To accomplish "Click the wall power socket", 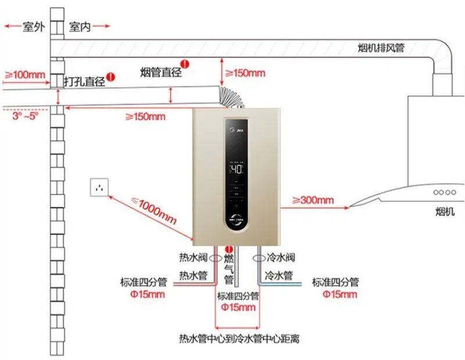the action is click(x=99, y=188).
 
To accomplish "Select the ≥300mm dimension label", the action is click(x=313, y=200).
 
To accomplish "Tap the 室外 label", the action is click(x=34, y=27).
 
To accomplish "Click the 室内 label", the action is click(x=80, y=27).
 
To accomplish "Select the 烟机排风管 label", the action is click(x=381, y=48).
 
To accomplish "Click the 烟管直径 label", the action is click(x=161, y=73).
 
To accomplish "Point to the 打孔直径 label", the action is click(x=85, y=82).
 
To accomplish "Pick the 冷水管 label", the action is click(x=278, y=275).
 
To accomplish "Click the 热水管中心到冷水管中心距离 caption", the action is click(x=239, y=338).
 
